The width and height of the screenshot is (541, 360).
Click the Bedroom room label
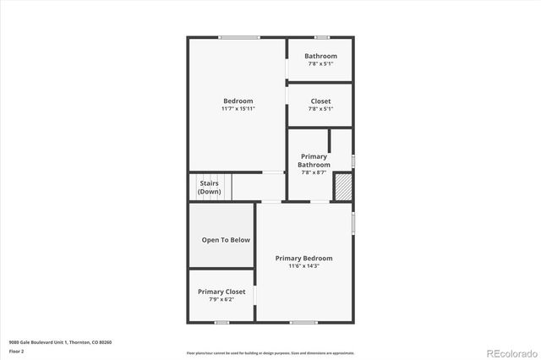point(238,101)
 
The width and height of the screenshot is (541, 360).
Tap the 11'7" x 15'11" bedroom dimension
point(238,109)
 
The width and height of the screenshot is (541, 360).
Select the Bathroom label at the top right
point(320,56)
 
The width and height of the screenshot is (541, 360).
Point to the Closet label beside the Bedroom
point(320,101)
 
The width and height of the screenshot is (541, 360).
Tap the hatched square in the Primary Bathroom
point(342,187)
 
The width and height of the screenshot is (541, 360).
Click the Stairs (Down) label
point(210,187)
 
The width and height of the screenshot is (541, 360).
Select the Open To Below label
point(226,240)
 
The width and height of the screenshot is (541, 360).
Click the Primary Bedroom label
point(303,258)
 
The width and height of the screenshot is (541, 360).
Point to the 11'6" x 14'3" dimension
point(303,265)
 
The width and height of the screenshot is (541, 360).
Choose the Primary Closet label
point(221,292)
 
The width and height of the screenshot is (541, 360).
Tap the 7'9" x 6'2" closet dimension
point(221,299)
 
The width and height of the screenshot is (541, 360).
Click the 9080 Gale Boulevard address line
point(60,341)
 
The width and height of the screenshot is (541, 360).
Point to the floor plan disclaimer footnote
point(270,353)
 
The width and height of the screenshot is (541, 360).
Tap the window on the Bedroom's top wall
point(239,37)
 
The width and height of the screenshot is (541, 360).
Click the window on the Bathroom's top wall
point(321,37)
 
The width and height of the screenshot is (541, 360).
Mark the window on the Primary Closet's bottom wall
point(221,322)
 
